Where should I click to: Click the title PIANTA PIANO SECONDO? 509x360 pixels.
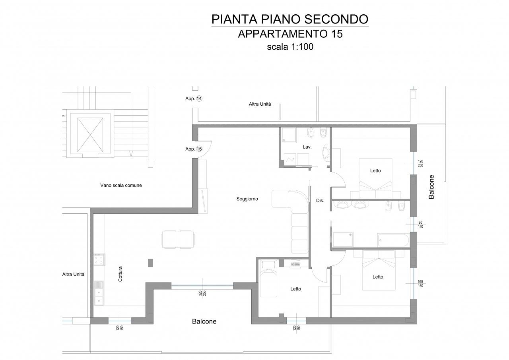290,19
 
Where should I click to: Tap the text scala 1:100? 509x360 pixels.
290,47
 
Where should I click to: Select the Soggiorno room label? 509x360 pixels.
247,199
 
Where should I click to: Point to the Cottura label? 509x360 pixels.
120,274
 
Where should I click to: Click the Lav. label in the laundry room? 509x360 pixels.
307,147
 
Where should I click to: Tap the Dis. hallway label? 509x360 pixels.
320,200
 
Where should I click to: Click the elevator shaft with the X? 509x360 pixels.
90,135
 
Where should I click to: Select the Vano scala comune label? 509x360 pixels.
121,185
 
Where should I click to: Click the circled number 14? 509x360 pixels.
199,99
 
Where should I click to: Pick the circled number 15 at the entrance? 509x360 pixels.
199,149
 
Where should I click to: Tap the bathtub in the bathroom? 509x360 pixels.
393,240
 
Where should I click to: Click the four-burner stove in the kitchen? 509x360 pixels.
99,259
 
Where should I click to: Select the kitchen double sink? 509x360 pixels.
99,293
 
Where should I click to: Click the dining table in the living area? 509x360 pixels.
178,239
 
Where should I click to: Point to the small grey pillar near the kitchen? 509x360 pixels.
150,263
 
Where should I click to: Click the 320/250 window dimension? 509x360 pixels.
202,293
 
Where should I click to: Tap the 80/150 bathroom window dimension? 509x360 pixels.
420,225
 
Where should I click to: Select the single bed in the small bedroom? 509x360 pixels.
268,279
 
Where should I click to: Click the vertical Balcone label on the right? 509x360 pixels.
431,187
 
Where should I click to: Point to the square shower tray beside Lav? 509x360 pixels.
289,135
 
